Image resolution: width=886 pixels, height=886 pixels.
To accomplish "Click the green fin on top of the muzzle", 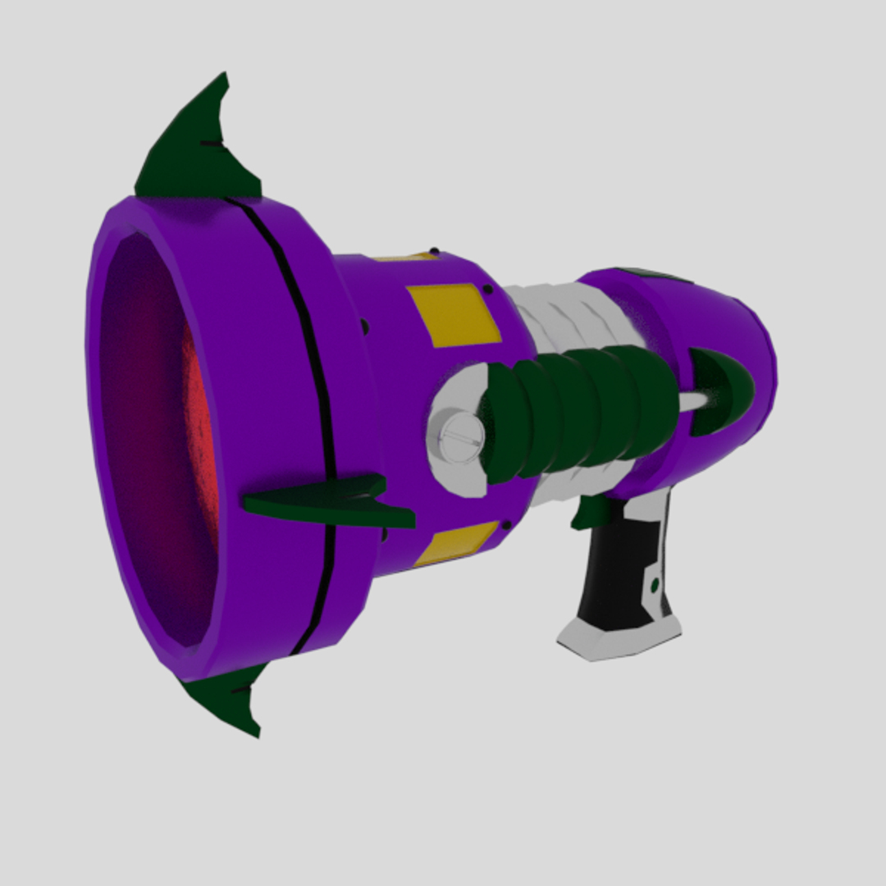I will (197, 152).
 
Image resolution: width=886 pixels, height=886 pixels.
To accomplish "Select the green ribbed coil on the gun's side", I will (574, 410).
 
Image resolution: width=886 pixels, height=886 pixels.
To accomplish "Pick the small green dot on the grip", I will (655, 586).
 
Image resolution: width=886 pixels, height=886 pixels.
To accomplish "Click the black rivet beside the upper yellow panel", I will (489, 289).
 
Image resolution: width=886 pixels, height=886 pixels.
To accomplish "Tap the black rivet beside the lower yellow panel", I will (508, 523).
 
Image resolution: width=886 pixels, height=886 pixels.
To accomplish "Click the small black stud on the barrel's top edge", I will (433, 250).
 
